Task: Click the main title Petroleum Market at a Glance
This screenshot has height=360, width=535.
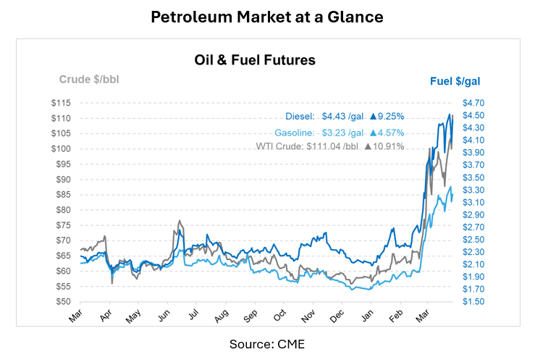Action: coord(267,16)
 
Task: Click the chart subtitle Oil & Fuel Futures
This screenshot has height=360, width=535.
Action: coord(254,60)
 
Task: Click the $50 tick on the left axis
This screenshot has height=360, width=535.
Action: coord(63,301)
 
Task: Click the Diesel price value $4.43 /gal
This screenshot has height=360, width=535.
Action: coord(342,117)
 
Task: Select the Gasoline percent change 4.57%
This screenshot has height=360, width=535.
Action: coord(385,133)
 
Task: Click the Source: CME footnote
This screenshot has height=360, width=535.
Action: coord(267,343)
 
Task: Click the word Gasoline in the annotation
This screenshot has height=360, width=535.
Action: coord(293,133)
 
